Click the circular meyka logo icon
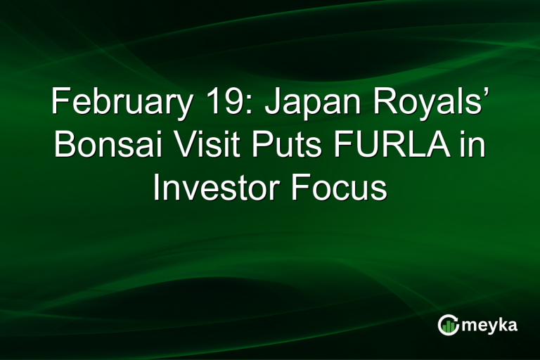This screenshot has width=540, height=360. coord(448,324)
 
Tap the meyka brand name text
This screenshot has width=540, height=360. coord(489,326)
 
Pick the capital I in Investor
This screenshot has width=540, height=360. coord(157,186)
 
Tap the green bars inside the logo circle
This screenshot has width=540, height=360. coord(449,326)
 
